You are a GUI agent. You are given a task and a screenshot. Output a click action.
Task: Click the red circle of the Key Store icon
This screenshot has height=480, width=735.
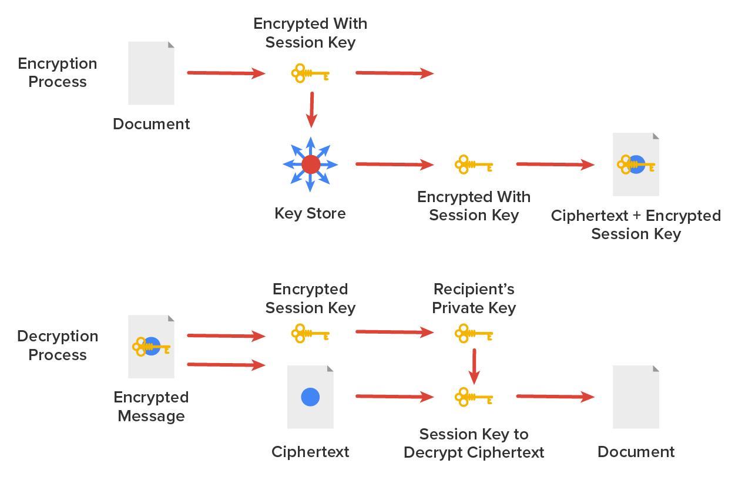311,165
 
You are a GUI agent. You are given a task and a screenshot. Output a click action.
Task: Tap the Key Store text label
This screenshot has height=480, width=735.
310,213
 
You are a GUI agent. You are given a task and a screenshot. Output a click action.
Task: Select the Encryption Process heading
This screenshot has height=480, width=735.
58,73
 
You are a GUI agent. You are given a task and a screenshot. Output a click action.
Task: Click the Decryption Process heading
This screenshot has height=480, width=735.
58,345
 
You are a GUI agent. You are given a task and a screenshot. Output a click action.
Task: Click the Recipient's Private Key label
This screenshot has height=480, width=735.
474,298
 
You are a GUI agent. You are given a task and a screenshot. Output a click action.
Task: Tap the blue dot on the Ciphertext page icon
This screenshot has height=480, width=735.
310,397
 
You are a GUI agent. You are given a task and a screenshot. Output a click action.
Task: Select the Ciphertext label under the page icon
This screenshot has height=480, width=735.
310,452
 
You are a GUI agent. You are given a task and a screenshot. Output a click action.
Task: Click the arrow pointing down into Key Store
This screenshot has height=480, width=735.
311,110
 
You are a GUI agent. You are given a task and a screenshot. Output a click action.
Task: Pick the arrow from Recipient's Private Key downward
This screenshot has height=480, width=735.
475,366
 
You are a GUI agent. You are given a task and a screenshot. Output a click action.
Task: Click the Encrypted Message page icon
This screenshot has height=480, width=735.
152,347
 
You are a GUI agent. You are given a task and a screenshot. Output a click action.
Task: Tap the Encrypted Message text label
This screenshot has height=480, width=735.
152,407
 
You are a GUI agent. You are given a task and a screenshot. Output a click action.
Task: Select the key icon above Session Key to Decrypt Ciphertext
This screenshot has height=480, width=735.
474,397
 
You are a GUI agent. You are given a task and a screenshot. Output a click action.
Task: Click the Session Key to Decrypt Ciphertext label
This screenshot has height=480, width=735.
474,444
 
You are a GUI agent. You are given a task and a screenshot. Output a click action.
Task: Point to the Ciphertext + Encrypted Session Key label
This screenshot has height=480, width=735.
636,225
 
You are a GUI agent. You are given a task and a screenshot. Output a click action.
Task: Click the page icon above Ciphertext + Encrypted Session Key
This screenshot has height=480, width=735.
636,165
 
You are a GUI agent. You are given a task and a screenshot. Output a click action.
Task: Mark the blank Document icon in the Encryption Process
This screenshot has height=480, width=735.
152,73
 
